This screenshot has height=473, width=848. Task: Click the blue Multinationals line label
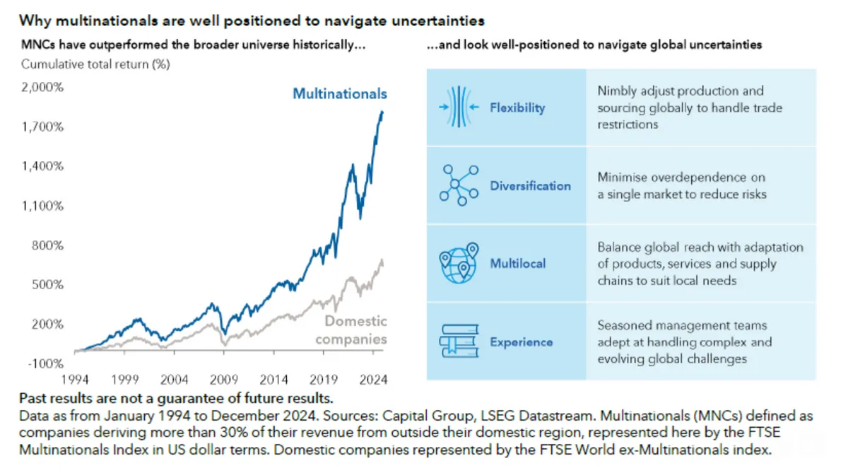coord(340,93)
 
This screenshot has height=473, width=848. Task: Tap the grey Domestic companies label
coord(351,330)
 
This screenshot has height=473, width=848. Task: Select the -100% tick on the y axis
coord(44,363)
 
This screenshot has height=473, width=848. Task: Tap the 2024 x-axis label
coord(373,380)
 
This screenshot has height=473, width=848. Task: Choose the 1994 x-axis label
coord(74,380)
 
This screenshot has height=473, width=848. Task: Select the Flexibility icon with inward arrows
coord(459,107)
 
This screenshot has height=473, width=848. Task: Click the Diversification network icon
coord(459,185)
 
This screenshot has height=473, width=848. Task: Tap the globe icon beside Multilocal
coord(459,263)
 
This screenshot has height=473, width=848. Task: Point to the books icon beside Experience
coord(459,341)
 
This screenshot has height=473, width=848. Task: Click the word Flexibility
coord(517,108)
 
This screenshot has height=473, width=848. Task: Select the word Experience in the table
coord(522,342)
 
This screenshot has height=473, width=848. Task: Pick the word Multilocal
coord(518,264)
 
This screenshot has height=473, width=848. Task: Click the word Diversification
coord(530,186)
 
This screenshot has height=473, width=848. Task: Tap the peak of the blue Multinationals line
coord(382,112)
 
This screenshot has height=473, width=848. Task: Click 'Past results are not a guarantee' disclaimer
coord(177,397)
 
